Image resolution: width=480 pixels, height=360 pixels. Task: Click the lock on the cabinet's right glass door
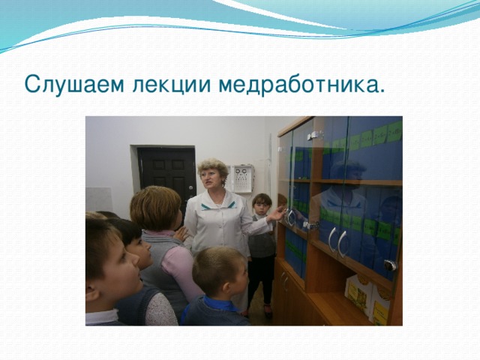(x=389, y=265)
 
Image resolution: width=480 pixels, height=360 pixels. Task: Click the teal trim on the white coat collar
(x=213, y=205)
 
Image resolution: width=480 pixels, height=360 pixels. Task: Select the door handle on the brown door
(x=186, y=187)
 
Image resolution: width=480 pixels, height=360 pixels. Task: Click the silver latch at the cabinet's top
(x=316, y=135)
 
